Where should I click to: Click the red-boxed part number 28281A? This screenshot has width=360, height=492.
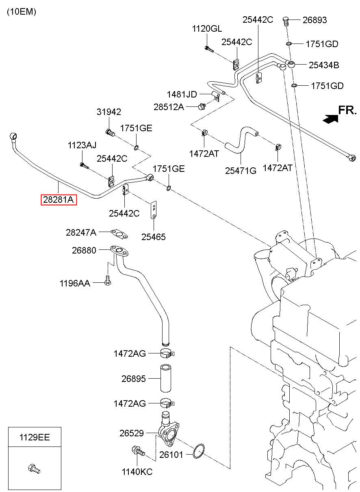pos(59,199)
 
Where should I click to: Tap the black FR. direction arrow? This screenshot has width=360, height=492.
pos(330,119)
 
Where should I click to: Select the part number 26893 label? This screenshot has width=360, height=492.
pos(315,20)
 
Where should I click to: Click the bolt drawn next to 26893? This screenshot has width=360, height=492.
pos(286,21)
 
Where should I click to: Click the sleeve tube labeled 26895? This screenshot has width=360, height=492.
pos(166,378)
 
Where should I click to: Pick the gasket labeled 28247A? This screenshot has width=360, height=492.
pos(119,234)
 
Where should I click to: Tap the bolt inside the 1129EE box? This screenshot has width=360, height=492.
pos(34,469)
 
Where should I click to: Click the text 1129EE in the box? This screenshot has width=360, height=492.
pos(35,437)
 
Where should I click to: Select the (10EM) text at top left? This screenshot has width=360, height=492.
pos(22,12)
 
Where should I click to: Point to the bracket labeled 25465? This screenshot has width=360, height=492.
pos(154,210)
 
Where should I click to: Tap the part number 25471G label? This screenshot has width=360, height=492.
pos(241,171)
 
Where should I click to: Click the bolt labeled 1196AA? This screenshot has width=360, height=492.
pos(108,280)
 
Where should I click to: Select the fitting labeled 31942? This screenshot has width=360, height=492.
pos(110,132)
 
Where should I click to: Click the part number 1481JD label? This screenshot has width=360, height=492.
pos(182,94)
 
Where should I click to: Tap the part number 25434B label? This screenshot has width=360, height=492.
pos(324,65)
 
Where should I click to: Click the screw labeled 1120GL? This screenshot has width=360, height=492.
pos(209,49)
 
